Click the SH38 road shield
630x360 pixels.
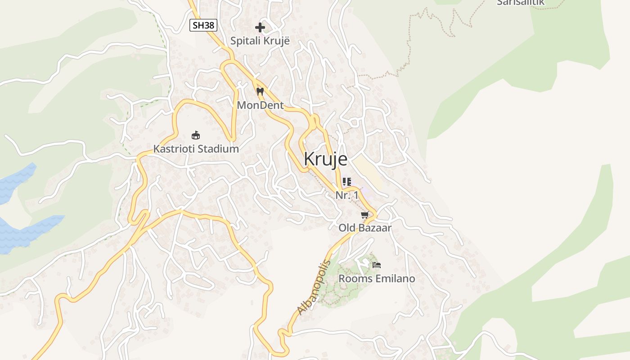point(203,25)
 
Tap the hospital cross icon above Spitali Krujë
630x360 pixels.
point(260,27)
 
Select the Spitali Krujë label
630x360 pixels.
point(260,40)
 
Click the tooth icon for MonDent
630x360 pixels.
point(260,91)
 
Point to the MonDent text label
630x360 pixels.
point(261,105)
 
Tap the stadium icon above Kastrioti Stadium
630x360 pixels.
point(196,135)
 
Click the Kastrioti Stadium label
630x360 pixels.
point(196,148)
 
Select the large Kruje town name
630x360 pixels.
point(326,159)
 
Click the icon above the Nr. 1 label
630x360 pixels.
point(346,182)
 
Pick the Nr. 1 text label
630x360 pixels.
point(347,195)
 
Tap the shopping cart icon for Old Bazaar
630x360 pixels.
point(365,215)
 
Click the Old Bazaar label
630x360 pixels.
point(365,228)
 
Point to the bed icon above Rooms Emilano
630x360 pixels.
point(377,265)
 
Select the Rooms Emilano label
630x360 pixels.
point(377,279)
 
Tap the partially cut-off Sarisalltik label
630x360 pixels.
point(521,3)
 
